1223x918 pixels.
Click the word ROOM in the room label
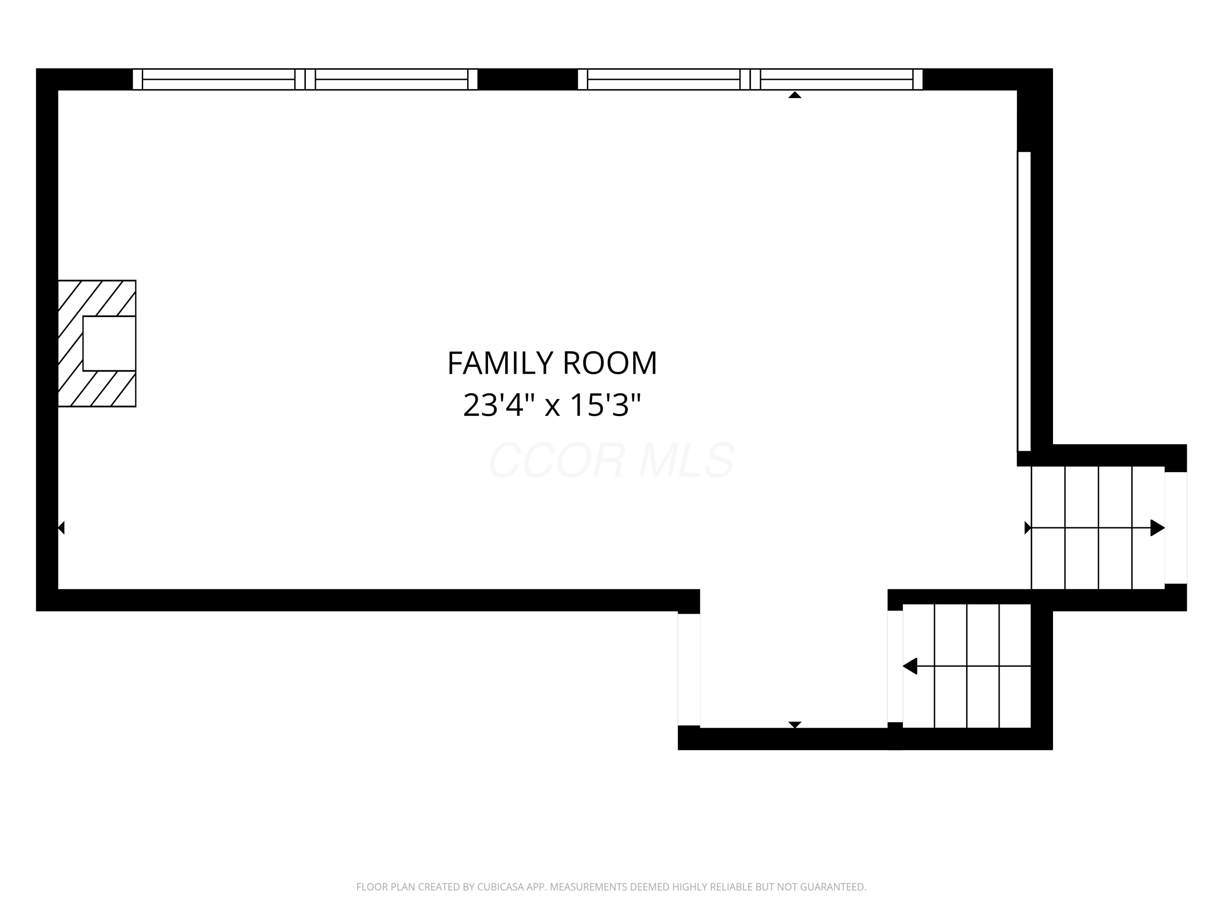point(610,364)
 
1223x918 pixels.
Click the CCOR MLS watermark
point(611,460)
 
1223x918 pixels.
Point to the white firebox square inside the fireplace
point(110,344)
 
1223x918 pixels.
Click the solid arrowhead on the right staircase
point(1157,528)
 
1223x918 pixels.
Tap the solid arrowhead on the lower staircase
point(910,666)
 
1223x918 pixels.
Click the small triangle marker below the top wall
point(795,95)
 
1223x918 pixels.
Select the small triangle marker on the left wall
point(62,528)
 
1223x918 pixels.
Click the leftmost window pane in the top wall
point(219,79)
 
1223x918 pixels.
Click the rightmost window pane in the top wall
point(836,79)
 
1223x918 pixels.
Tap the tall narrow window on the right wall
point(1024,302)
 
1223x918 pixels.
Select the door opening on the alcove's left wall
point(689,670)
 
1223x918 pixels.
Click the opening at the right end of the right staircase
point(1175,528)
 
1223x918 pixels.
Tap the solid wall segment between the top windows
point(528,79)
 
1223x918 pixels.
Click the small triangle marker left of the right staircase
point(1028,528)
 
